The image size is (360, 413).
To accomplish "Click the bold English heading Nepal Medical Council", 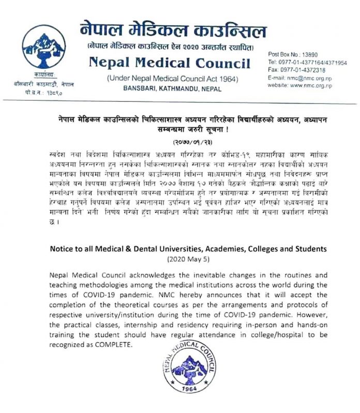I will tap(169, 64).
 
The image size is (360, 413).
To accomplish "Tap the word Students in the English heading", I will tap(308, 248).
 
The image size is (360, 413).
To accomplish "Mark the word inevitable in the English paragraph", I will tap(183, 276).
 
